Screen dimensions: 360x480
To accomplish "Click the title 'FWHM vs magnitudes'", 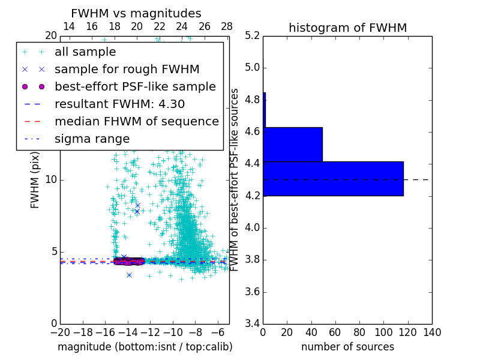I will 136,13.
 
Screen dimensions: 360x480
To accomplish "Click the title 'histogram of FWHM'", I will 347,28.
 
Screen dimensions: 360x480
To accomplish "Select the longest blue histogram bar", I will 333,179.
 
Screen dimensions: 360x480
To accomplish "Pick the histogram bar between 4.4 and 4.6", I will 293,145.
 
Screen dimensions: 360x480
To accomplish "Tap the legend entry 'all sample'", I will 85,52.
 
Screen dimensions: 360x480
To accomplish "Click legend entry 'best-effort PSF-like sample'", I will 135,86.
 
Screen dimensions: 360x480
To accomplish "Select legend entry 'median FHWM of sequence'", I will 136,121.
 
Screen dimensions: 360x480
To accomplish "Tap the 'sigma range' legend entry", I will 92,139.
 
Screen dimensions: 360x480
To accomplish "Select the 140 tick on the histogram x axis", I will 432,332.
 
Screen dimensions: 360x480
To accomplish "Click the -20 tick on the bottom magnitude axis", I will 60,332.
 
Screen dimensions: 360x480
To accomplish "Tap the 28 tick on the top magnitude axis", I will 227,26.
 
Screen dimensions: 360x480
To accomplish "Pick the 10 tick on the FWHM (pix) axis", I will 51,180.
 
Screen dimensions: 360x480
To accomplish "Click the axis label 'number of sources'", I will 347,347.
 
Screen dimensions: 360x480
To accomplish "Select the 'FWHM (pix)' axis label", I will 35,180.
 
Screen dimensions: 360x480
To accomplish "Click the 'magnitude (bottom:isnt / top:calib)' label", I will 145,347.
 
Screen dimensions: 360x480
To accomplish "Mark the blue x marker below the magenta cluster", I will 129,275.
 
